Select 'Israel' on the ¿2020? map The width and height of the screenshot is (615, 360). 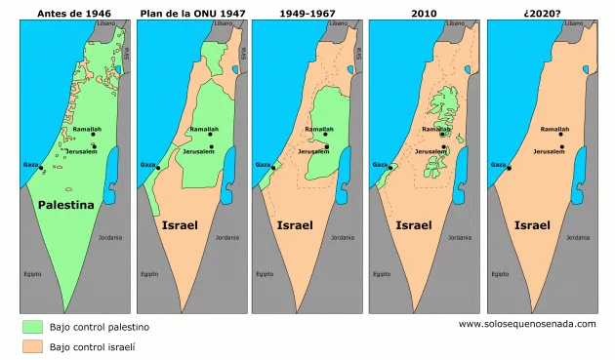pos(532,225)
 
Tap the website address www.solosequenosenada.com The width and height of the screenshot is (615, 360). pos(526,323)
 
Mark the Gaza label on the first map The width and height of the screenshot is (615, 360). pos(30,165)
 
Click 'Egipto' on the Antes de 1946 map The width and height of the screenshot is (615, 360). pos(32,273)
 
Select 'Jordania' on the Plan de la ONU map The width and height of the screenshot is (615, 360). pos(226,237)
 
